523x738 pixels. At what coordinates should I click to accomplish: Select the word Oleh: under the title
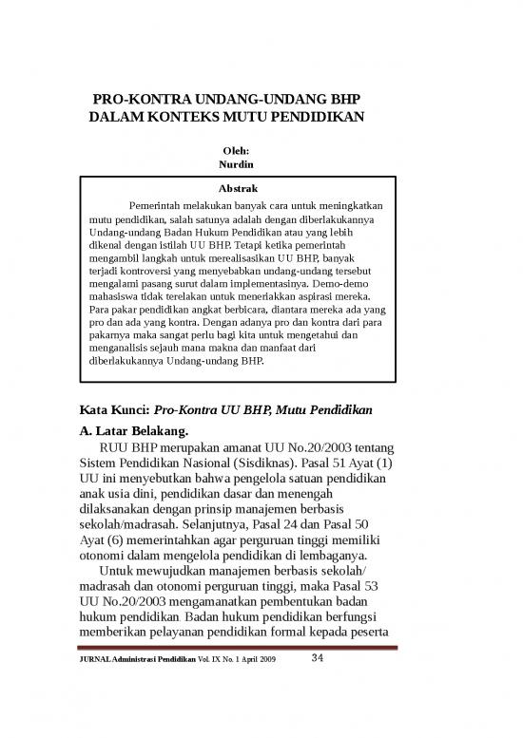coord(234,149)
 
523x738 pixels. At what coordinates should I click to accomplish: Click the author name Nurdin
coord(234,165)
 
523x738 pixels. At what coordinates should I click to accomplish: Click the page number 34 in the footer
coord(320,659)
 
